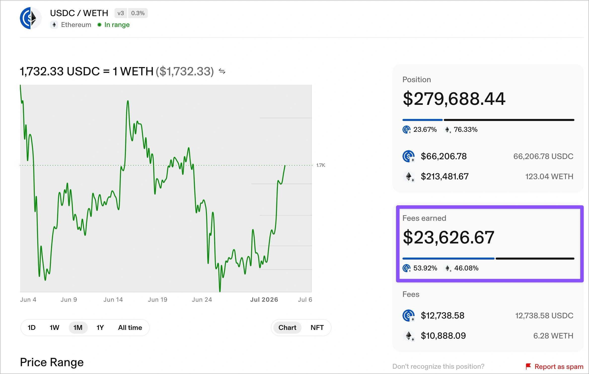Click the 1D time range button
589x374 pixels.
31,328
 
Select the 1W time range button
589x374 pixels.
54,328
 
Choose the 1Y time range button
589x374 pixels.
100,328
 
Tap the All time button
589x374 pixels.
130,328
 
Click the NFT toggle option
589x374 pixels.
317,328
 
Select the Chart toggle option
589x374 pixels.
287,328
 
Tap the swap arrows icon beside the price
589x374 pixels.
222,72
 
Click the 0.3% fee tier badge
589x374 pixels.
138,13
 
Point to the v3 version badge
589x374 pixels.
121,13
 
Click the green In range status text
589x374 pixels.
117,25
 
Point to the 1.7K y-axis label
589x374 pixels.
321,165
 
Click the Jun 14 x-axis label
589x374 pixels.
113,300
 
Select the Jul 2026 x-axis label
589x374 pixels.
264,300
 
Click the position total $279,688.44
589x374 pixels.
454,99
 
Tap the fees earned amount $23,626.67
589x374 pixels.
449,237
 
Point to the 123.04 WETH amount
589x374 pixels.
549,176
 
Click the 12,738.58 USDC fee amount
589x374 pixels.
544,316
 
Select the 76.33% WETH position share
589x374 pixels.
465,130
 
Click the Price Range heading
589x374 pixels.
52,362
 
